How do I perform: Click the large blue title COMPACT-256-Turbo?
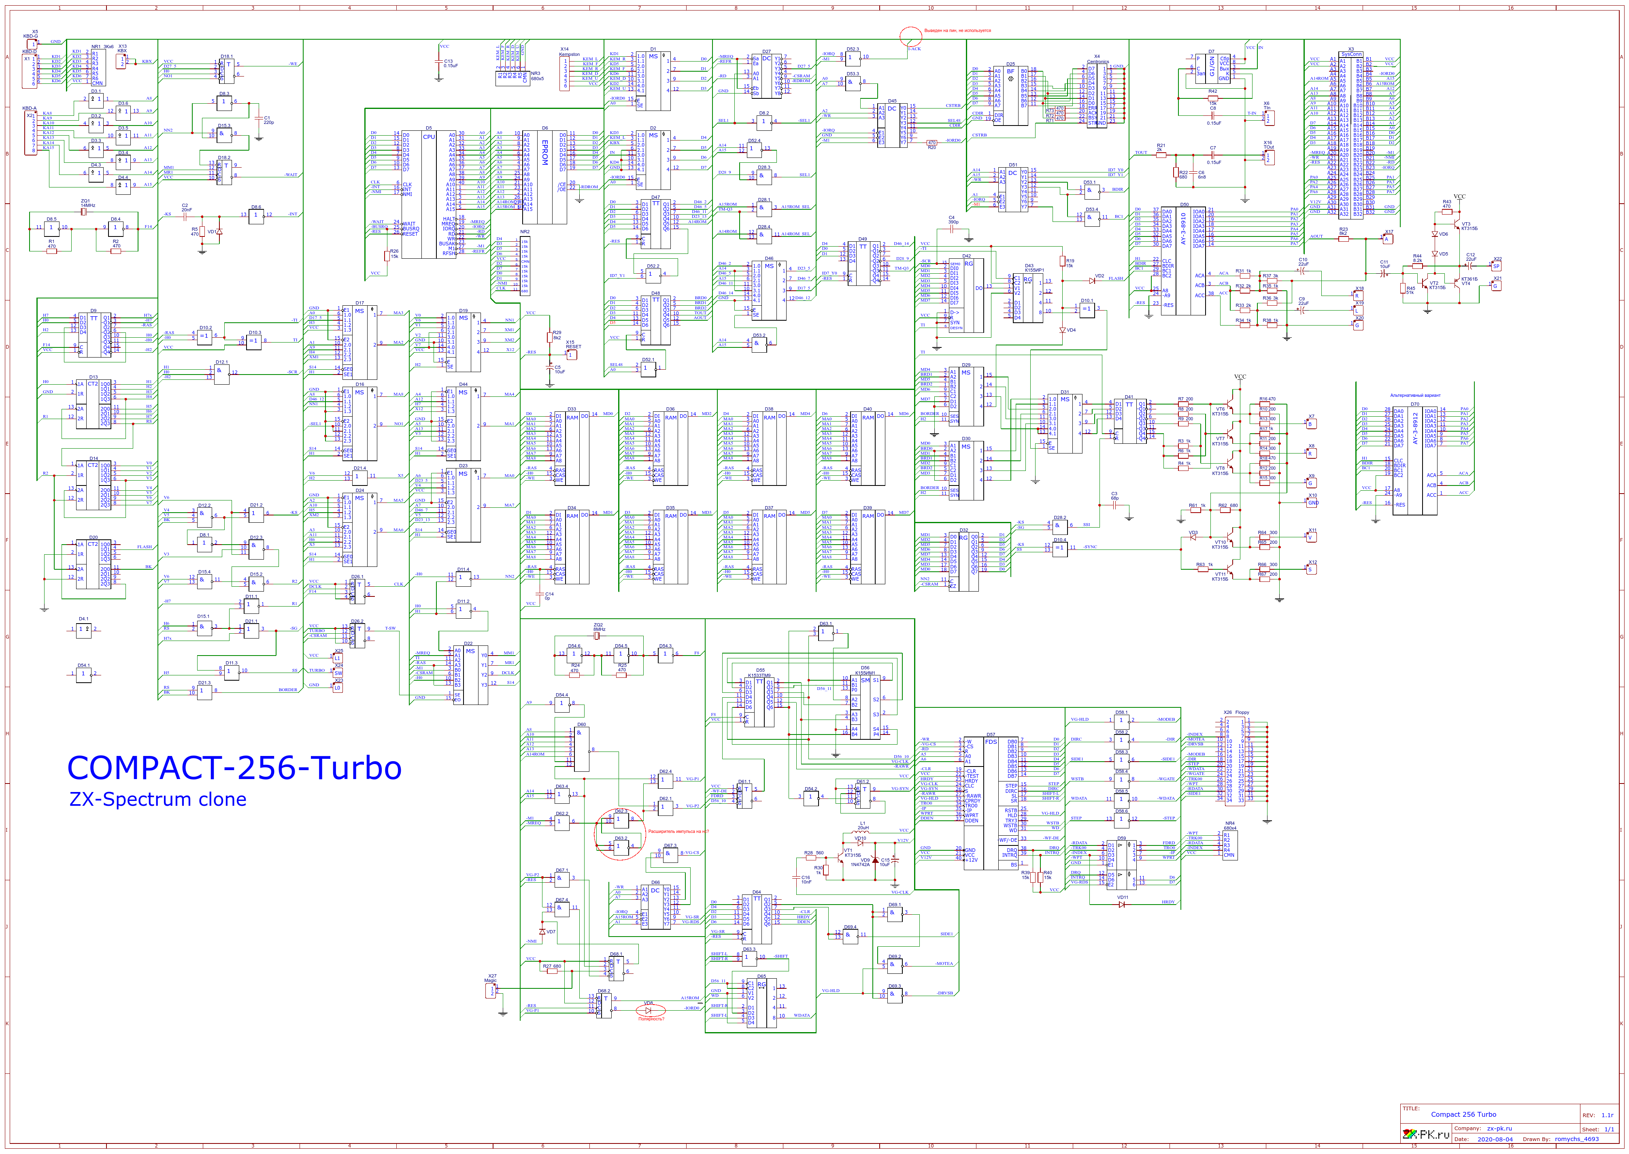pyautogui.click(x=234, y=768)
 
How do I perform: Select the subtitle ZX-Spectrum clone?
pyautogui.click(x=158, y=799)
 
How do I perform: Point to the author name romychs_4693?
pyautogui.click(x=1576, y=1139)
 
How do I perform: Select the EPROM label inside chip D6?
pyautogui.click(x=545, y=152)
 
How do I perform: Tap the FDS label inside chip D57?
pyautogui.click(x=990, y=742)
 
